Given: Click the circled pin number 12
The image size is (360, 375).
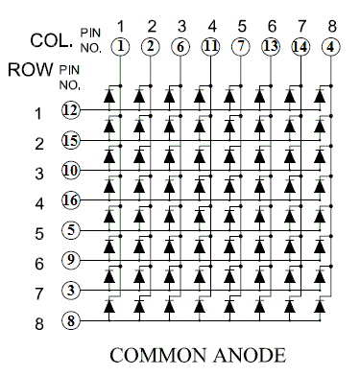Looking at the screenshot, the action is [70, 110].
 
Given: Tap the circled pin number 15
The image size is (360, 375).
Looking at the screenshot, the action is [70, 140].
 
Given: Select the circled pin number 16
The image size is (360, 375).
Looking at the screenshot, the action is [70, 200].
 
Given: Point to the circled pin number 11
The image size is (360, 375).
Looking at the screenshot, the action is [210, 47].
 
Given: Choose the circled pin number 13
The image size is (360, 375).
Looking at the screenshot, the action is [271, 47].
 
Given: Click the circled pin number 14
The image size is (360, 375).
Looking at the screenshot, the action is [300, 47].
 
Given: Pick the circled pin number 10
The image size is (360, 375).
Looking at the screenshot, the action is [70, 170].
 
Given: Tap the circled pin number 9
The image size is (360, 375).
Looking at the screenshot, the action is [70, 260].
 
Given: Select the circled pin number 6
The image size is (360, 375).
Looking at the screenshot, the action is [180, 47].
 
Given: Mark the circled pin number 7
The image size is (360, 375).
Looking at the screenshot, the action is [241, 47].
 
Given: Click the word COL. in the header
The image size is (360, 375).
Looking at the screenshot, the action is [51, 40].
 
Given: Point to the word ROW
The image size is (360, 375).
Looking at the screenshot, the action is [31, 69].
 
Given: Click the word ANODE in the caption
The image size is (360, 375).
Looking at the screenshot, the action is [250, 356].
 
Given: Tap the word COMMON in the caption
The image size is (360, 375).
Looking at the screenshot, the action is [158, 356].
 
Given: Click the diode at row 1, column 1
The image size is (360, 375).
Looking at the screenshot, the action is [109, 96].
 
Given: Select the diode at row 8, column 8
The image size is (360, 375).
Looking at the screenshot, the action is [320, 307].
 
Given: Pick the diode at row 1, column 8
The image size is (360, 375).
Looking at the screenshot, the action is [320, 96].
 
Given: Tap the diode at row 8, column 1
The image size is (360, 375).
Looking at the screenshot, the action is [109, 307].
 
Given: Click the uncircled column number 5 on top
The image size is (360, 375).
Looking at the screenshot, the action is [242, 26].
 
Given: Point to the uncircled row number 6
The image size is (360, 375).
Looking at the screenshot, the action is [39, 264].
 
